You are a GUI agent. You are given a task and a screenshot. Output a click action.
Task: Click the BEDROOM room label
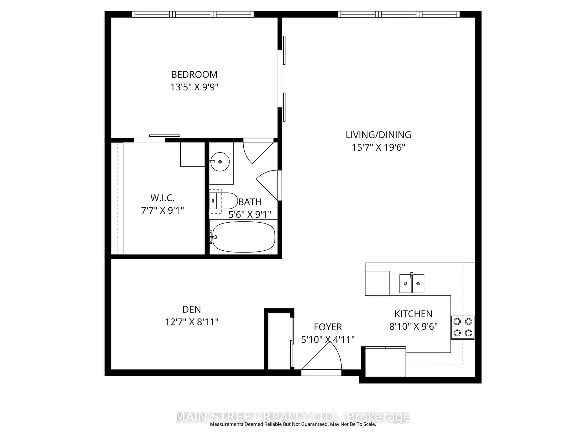click(194, 75)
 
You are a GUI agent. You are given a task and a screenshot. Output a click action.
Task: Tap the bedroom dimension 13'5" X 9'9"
click(194, 87)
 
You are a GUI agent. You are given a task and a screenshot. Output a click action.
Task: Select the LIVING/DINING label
click(378, 135)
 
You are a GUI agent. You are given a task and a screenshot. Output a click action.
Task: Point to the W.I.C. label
click(162, 198)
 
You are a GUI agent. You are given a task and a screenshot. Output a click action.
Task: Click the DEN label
click(192, 309)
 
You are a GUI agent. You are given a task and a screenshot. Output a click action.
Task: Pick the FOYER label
click(328, 327)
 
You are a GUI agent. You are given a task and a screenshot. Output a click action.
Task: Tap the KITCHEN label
click(413, 314)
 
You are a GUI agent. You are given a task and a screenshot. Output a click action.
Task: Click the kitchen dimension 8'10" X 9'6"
click(413, 327)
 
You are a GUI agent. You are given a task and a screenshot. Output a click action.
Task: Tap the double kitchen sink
click(412, 284)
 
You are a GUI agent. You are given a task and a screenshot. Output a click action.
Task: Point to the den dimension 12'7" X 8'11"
click(192, 322)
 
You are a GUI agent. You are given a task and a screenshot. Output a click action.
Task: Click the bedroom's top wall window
click(193, 14)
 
